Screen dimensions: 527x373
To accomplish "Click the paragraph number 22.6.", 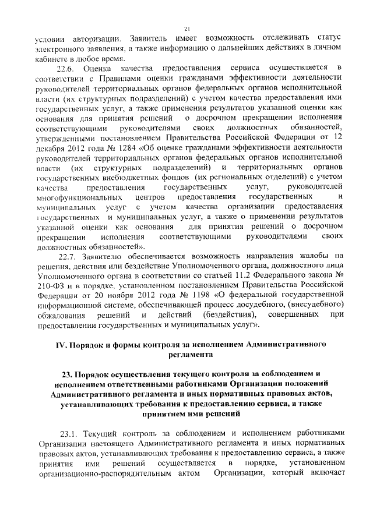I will (x=72, y=70).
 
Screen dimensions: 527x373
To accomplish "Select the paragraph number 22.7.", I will (x=72, y=256).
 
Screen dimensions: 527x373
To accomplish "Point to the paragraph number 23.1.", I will (x=72, y=433).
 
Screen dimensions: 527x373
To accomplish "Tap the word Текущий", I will (x=103, y=433).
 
